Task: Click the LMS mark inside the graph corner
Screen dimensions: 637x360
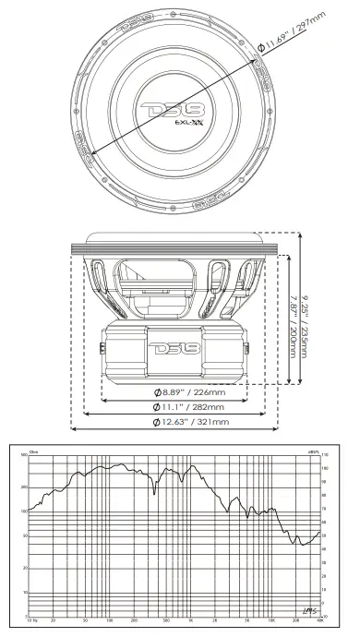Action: [306, 606]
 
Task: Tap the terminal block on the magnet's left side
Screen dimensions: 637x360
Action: [100, 349]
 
